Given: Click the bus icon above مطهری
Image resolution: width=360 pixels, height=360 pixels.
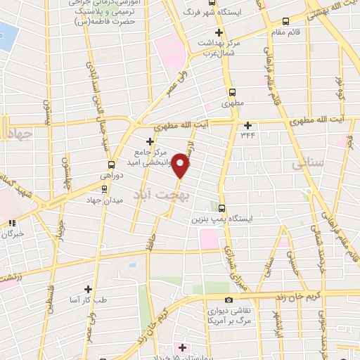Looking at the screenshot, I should tap(232, 92).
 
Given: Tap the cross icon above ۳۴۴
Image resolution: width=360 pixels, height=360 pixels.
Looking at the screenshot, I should tap(247, 125).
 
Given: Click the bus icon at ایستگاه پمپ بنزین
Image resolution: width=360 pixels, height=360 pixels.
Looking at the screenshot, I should tap(221, 208).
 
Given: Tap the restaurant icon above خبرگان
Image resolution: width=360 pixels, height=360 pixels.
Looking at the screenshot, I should tap(11, 224).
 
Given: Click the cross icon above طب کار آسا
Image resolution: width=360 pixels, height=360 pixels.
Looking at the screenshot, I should tap(88, 288).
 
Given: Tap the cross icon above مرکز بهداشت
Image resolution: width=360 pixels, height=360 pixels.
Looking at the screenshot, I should tap(219, 33).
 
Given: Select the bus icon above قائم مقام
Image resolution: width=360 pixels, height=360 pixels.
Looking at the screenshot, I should tap(284, 22).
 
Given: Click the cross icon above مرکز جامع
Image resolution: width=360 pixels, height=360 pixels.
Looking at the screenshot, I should tap(148, 140).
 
